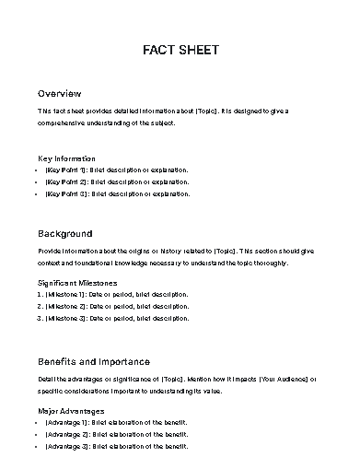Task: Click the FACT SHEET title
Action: pos(180,50)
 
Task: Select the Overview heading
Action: pos(60,94)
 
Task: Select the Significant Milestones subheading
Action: pos(90,282)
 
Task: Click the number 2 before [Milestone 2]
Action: pos(40,306)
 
